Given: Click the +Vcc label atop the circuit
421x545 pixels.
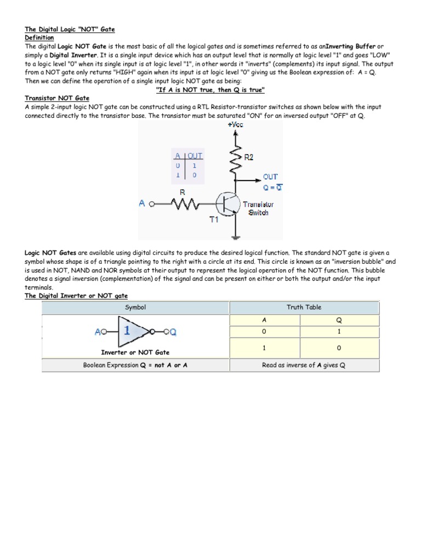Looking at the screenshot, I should coord(236,124).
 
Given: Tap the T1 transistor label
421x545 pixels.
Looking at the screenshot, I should coord(214,220).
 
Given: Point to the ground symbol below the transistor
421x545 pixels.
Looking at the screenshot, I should coord(236,236).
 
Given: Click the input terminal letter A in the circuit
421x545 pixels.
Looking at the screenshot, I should coord(143,203).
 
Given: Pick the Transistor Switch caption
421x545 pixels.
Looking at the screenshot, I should coord(258,208).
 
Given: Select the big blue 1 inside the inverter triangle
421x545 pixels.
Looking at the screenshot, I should coord(127,331).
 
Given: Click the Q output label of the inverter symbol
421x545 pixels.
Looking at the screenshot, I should coord(173,332).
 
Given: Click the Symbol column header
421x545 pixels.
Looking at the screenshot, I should coord(135,307).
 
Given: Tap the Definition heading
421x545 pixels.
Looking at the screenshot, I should coord(39,37).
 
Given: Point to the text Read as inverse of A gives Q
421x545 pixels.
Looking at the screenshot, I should coord(303,365).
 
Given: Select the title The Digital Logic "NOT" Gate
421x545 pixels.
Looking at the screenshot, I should coord(70,29).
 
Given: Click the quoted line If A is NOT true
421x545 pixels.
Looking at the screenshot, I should coord(210,89).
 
